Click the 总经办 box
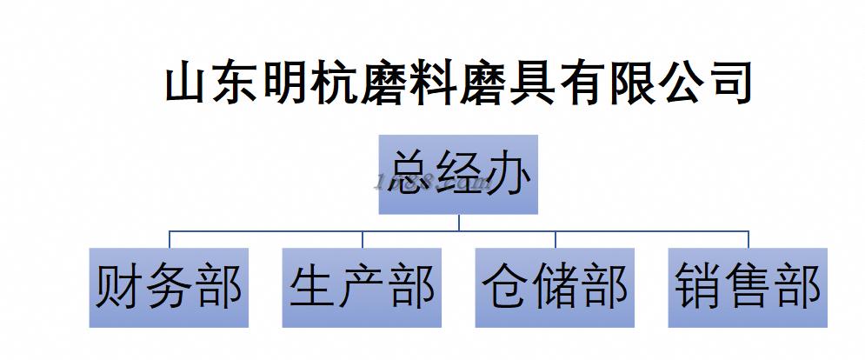tap(458, 174)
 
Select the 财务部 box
tap(169, 288)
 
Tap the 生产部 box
tap(362, 288)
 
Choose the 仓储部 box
tap(556, 288)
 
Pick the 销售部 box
tap(749, 288)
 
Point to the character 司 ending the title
tap(729, 84)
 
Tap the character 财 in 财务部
tap(118, 288)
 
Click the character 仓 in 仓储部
tap(505, 288)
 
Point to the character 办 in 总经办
tap(509, 174)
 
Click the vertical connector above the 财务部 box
tap(169, 239)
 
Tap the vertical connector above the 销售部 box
tap(749, 239)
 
